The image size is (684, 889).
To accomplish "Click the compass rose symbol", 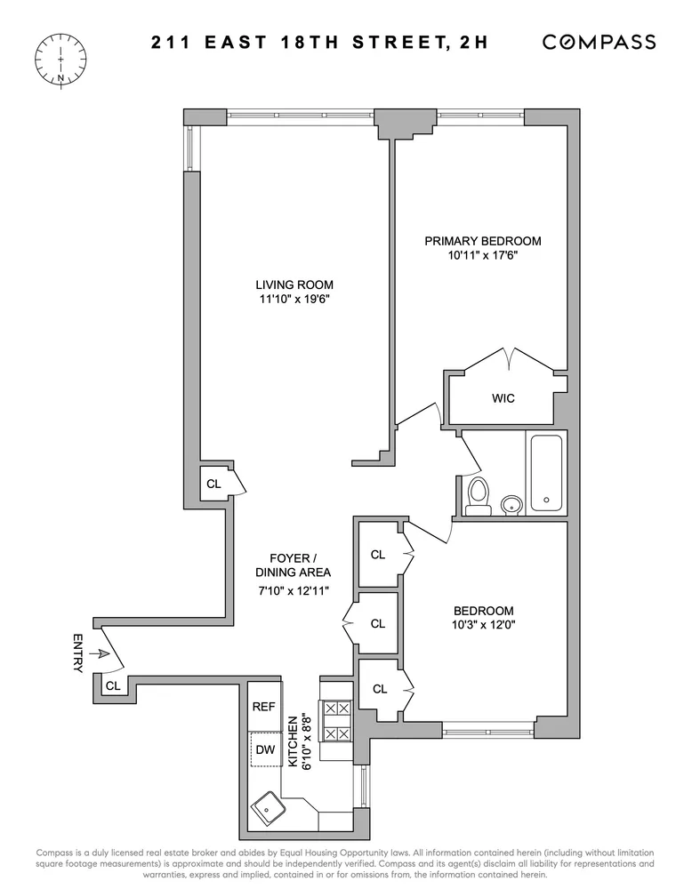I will pos(60,59).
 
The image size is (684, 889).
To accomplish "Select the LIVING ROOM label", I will pos(294,284).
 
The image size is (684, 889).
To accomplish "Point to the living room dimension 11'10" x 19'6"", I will pos(294,300).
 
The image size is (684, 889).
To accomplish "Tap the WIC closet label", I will pos(503,398).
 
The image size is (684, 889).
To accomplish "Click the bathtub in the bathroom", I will pos(544,474).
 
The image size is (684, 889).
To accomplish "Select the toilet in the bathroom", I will pos(479,496).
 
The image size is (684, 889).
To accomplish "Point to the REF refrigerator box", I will pos(264,707).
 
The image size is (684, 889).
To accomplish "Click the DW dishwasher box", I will pos(264,749).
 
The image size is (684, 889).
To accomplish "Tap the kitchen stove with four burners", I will pos(335,722).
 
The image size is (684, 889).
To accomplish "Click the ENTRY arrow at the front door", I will pos(102,654).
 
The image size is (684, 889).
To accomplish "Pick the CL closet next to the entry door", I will pos(112,685).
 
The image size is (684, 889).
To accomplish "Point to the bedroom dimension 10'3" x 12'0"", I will pos(483,626).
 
